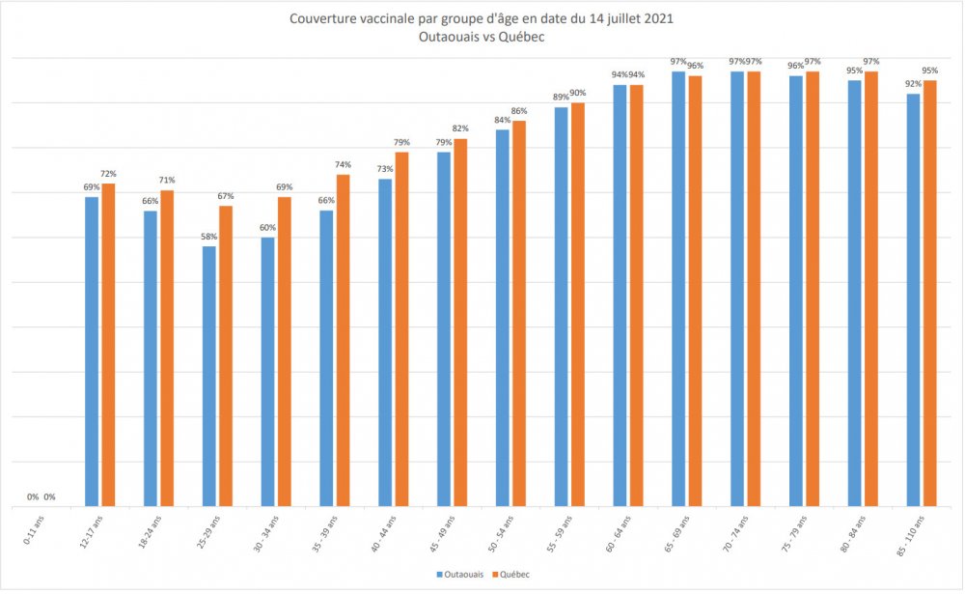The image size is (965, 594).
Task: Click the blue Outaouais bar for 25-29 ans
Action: [x=209, y=376]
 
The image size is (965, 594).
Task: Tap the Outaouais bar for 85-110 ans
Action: [x=913, y=299]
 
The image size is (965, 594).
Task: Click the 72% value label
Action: [x=109, y=174]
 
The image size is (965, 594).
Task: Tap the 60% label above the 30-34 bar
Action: [x=268, y=228]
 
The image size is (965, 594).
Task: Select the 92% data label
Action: [x=912, y=84]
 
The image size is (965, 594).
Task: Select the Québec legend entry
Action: [x=513, y=575]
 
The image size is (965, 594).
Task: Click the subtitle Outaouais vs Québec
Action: [x=482, y=37]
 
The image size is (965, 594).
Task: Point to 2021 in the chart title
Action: [x=657, y=18]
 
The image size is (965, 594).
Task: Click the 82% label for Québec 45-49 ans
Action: [x=460, y=129]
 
